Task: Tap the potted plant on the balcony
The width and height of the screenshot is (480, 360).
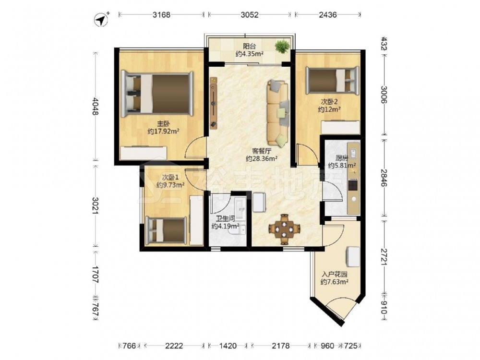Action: pyautogui.click(x=282, y=47)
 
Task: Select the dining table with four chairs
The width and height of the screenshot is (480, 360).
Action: pyautogui.click(x=284, y=229)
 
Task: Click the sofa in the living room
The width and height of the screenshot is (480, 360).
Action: pyautogui.click(x=278, y=113)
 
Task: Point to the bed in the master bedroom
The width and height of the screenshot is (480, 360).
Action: pyautogui.click(x=157, y=94)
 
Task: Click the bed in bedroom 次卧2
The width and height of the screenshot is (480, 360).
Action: pyautogui.click(x=333, y=80)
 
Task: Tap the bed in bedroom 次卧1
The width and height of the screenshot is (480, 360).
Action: pyautogui.click(x=166, y=230)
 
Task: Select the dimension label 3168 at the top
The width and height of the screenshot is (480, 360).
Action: pyautogui.click(x=161, y=14)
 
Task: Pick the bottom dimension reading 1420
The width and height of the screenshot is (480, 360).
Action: pyautogui.click(x=228, y=346)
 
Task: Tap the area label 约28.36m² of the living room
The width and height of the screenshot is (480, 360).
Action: pyautogui.click(x=262, y=158)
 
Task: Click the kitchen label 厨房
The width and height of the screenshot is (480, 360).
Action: pyautogui.click(x=342, y=158)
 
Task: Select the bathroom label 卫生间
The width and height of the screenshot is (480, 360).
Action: pyautogui.click(x=225, y=219)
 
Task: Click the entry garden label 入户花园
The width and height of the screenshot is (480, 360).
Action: pyautogui.click(x=334, y=275)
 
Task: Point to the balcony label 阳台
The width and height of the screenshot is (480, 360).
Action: pyautogui.click(x=250, y=47)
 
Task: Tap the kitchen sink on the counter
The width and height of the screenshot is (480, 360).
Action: pyautogui.click(x=353, y=153)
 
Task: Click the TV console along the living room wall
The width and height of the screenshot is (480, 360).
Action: pyautogui.click(x=214, y=103)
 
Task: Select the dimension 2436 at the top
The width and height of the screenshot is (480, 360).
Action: pyautogui.click(x=327, y=14)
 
